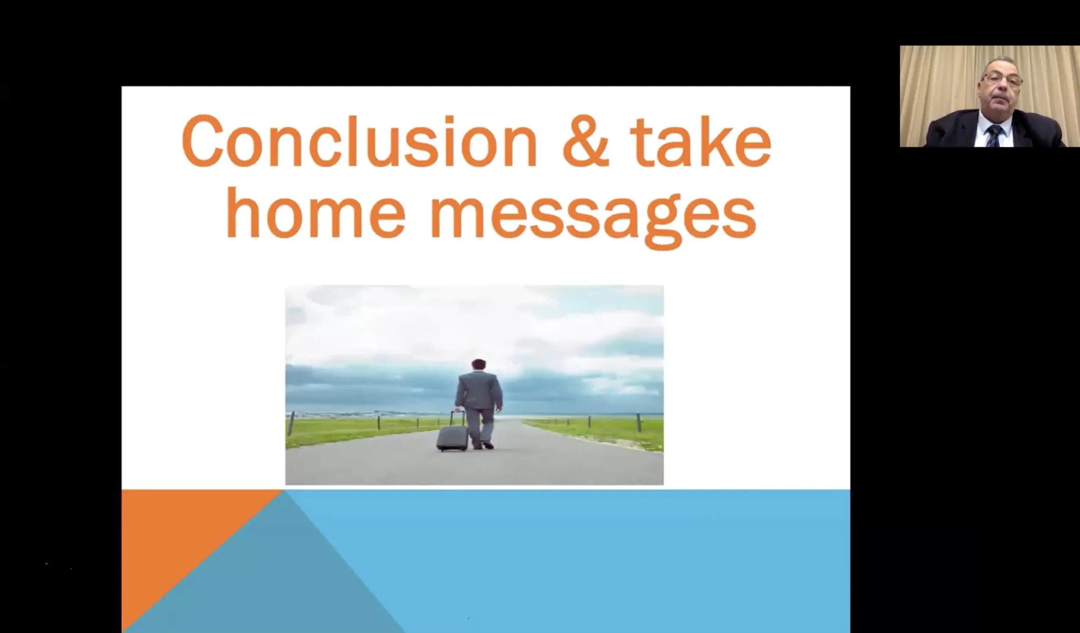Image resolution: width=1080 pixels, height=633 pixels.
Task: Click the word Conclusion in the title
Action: click(x=359, y=141)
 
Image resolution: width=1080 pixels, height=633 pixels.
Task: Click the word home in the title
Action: click(x=316, y=212)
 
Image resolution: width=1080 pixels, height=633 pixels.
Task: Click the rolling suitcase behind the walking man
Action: click(x=452, y=437)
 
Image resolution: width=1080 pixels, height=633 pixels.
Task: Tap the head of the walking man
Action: click(x=478, y=365)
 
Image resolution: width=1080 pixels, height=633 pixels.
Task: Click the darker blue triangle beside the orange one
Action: click(x=266, y=574)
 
